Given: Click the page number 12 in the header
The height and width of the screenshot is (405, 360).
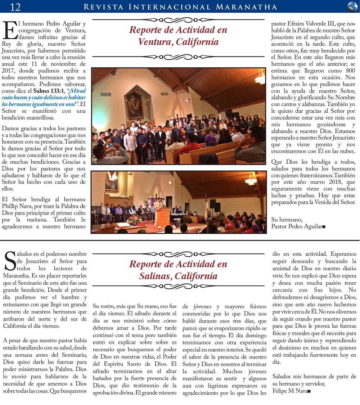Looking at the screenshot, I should click(15, 6).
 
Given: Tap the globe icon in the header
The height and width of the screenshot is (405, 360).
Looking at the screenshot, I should click(352, 6).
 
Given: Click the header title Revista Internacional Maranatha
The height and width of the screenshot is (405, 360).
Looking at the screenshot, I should click(180, 7).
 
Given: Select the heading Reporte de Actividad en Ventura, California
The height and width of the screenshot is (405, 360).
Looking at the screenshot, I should click(178, 36).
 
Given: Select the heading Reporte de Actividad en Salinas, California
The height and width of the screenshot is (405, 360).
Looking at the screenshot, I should click(178, 270).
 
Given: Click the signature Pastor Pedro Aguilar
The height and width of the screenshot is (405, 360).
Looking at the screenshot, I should click(297, 226).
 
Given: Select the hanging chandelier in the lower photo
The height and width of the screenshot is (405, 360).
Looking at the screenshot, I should click(251, 179).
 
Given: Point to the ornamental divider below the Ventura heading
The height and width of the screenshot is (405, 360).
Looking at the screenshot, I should click(178, 57).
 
